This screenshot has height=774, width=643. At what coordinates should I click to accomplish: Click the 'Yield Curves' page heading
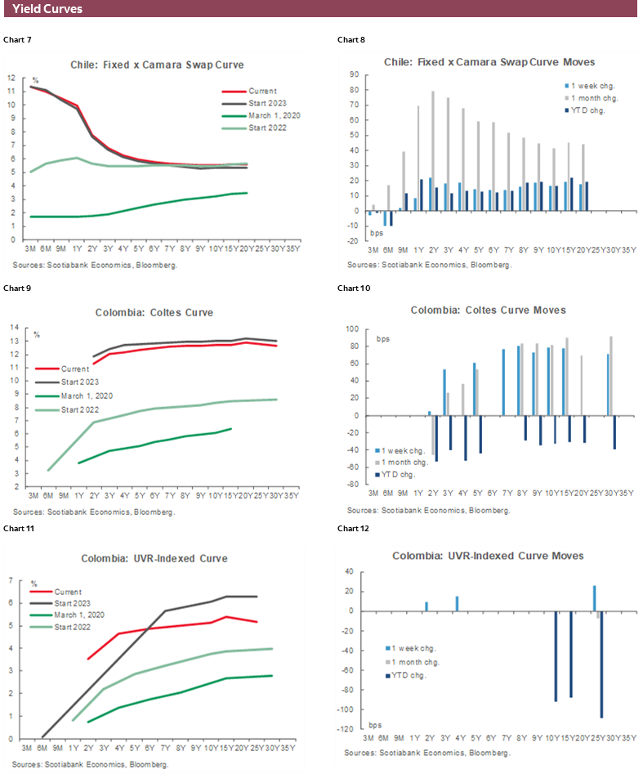point(47,9)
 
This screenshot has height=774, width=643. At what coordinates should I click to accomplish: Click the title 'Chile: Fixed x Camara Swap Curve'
point(163,63)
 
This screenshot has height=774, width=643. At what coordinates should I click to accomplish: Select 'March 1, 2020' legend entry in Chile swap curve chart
point(274,116)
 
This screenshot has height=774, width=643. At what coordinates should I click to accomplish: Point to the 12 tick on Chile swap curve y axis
point(11,77)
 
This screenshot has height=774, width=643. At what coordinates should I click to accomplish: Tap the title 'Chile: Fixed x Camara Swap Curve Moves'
point(489,62)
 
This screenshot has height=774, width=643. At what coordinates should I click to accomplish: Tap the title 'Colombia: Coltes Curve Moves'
point(489,310)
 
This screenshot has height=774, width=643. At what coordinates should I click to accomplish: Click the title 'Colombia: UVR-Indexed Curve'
point(154,558)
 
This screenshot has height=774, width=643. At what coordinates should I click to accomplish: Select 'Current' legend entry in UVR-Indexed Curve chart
point(69,591)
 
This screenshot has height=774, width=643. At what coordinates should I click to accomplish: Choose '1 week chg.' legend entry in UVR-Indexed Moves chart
point(402,649)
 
